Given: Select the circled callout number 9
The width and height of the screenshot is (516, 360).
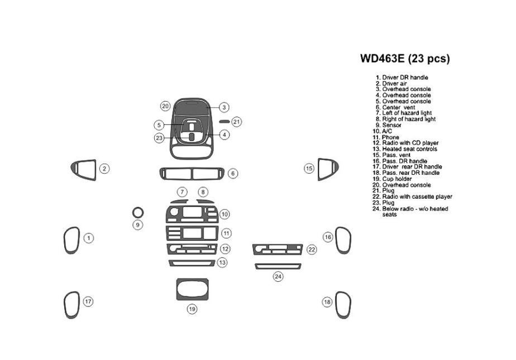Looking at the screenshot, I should point(138,224).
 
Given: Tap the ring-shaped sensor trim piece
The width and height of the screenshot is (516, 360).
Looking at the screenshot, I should point(138,212).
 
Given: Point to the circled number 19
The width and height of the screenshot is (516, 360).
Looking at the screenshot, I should point(192,309).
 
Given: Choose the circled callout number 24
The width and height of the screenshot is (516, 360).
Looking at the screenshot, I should point(278,276).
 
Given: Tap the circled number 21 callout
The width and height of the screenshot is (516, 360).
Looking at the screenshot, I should point(237,122).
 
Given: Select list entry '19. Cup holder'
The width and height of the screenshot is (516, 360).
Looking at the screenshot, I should point(397,179).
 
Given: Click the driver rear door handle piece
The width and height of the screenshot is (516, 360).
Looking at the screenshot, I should point(71,305).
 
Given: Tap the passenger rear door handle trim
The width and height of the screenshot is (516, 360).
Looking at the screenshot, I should point(343,305).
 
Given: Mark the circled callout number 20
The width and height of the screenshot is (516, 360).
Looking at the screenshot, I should point(165,106).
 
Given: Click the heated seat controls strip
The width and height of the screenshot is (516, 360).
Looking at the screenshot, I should point(192,262).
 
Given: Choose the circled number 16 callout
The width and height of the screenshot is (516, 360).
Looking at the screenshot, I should point(328,237).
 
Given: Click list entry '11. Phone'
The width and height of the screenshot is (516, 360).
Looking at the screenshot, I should point(390,137).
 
